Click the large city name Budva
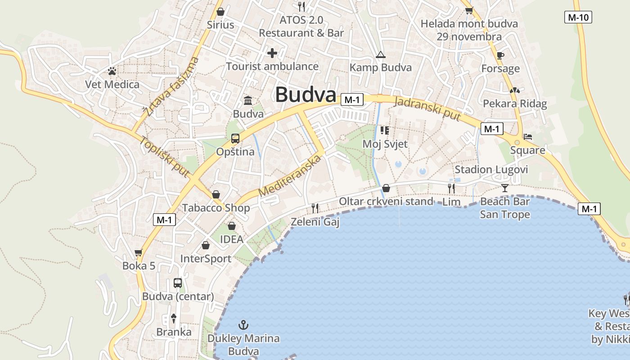(x=306, y=95)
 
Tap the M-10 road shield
(x=578, y=18)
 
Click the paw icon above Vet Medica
(x=112, y=71)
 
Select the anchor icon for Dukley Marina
(x=243, y=325)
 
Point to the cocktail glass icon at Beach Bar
(x=505, y=188)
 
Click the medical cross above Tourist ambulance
(x=272, y=53)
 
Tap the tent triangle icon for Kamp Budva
(x=381, y=55)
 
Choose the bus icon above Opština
(x=235, y=139)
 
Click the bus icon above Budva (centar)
(x=178, y=283)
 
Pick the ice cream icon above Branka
(x=174, y=319)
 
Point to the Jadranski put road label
(x=427, y=108)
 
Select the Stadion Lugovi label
(x=491, y=170)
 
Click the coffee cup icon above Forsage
(x=500, y=55)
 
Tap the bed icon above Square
(x=528, y=136)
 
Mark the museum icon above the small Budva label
(x=248, y=100)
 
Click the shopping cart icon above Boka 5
(x=139, y=252)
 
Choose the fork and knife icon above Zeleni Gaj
(x=315, y=208)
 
